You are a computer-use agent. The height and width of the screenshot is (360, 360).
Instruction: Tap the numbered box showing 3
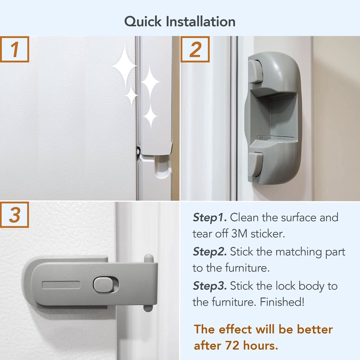(14, 215)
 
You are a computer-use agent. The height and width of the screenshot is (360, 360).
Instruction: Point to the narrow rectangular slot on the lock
(61, 285)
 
